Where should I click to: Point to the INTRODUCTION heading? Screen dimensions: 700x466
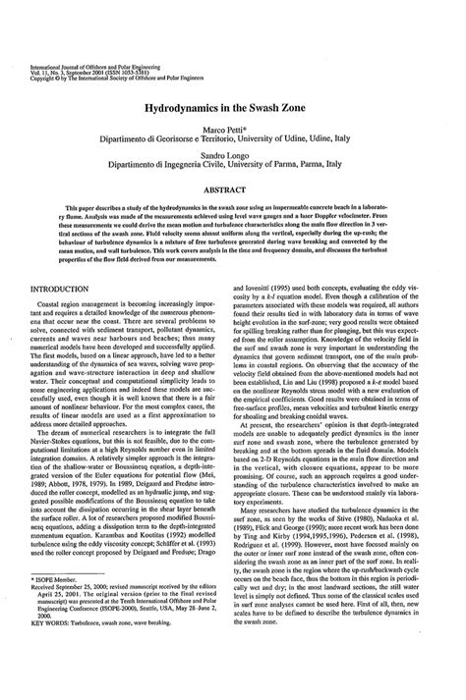point(67,290)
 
